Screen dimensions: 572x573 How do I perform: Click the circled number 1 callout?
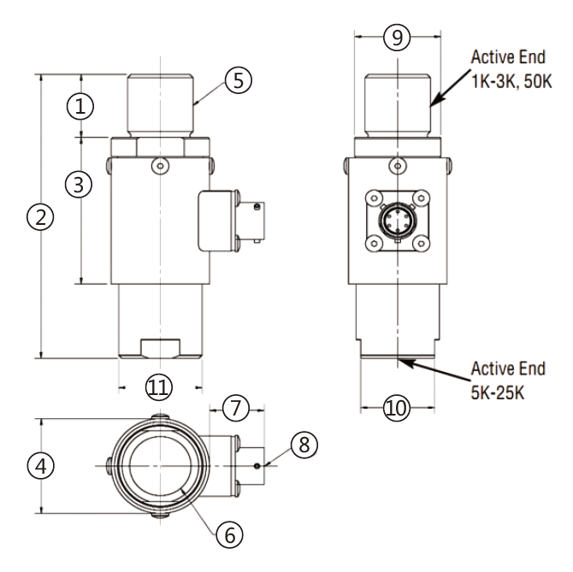80,106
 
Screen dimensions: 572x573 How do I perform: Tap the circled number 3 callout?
80,184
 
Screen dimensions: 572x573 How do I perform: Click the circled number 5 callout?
237,80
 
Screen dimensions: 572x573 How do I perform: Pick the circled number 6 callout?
228,534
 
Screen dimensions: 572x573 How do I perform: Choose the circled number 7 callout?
235,409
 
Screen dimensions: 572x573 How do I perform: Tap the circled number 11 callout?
159,387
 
